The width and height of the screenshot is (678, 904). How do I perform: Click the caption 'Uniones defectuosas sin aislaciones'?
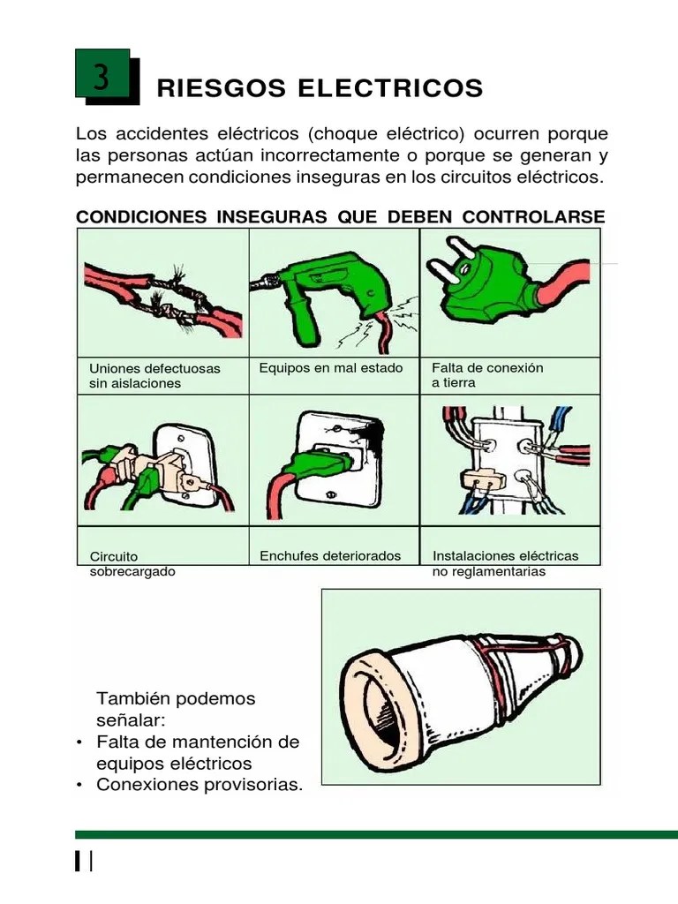[154, 375]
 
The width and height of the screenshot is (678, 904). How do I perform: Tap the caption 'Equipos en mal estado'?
[331, 367]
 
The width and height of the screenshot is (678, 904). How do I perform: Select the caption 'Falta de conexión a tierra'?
[487, 374]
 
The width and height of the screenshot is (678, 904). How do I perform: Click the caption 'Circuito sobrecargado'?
[132, 564]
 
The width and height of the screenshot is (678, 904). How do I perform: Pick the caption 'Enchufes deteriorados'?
[330, 556]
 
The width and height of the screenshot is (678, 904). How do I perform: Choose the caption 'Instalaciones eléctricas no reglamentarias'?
[505, 563]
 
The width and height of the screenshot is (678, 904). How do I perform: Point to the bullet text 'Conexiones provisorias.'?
[198, 784]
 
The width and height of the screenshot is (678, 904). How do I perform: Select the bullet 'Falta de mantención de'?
[198, 741]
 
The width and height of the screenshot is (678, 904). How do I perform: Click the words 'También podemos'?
[176, 698]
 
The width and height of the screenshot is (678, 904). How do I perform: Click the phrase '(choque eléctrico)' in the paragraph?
[387, 135]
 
